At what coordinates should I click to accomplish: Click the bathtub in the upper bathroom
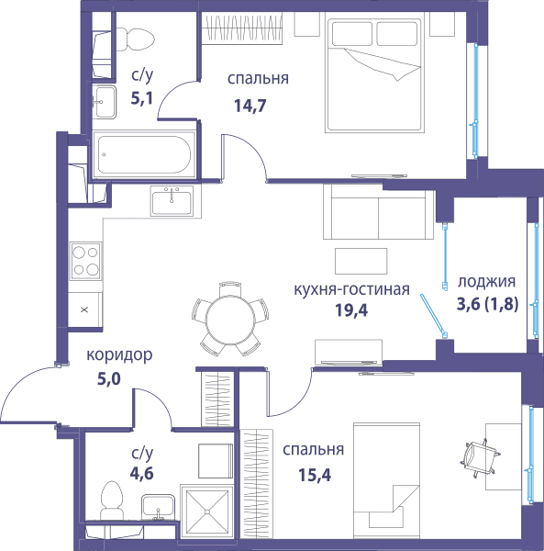(x=144, y=154)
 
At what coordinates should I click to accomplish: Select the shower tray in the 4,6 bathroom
(x=207, y=511)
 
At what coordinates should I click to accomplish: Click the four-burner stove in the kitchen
(x=85, y=261)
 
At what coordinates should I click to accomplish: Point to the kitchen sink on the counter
(x=172, y=200)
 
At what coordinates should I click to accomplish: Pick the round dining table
(x=230, y=320)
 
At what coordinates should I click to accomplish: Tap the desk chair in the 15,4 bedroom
(x=480, y=458)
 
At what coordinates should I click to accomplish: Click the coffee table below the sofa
(x=361, y=261)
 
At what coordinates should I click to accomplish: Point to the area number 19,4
(x=351, y=310)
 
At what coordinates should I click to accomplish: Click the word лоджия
(x=487, y=282)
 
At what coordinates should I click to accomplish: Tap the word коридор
(x=119, y=355)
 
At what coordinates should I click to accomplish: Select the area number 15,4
(x=315, y=475)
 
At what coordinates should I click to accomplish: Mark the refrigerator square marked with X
(x=84, y=310)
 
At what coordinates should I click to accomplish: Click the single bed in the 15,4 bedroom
(x=386, y=475)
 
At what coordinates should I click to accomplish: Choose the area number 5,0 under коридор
(x=109, y=379)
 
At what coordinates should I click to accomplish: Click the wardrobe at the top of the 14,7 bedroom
(x=242, y=28)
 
